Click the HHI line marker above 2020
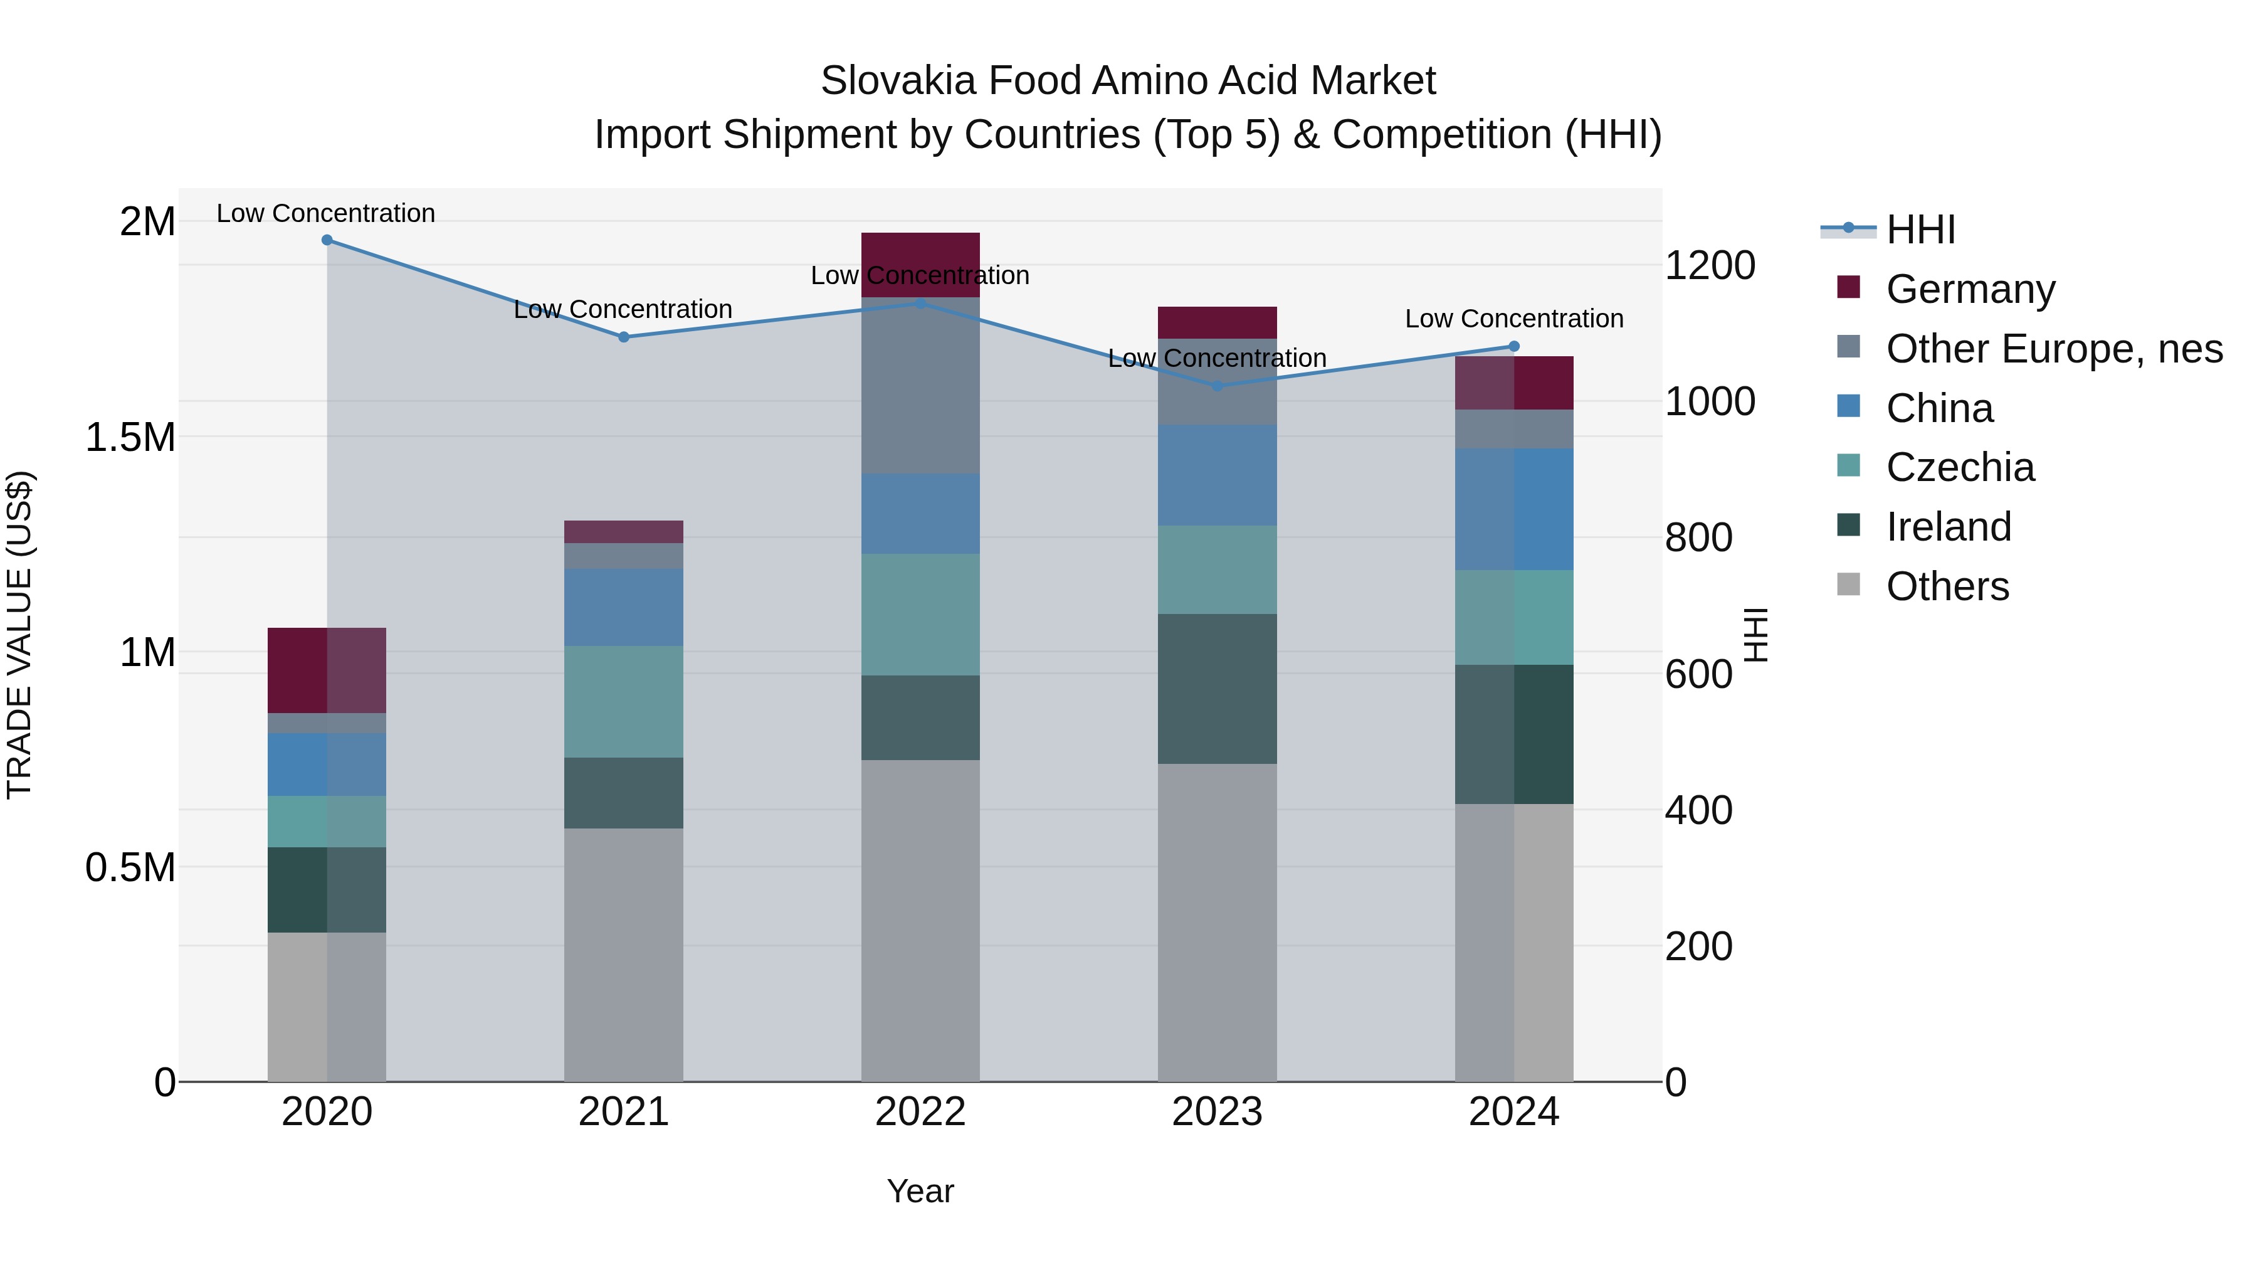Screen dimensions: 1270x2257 [x=327, y=240]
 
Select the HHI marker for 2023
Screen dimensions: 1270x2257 [x=1216, y=386]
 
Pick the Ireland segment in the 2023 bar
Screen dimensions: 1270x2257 [x=1216, y=688]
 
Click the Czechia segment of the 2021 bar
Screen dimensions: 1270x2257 [x=623, y=701]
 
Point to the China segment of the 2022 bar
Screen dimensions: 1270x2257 [x=920, y=514]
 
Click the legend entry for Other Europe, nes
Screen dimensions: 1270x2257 [x=2054, y=349]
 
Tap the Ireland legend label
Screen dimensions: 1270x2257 [x=1949, y=527]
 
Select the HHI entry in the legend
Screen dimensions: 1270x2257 [x=1920, y=230]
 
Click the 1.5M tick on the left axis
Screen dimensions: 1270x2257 [x=130, y=437]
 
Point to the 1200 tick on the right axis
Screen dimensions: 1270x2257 [x=1708, y=265]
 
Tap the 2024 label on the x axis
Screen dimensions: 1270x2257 [x=1513, y=1112]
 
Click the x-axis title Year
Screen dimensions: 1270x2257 [x=920, y=1191]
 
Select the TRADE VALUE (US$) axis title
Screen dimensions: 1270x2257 [x=19, y=635]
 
